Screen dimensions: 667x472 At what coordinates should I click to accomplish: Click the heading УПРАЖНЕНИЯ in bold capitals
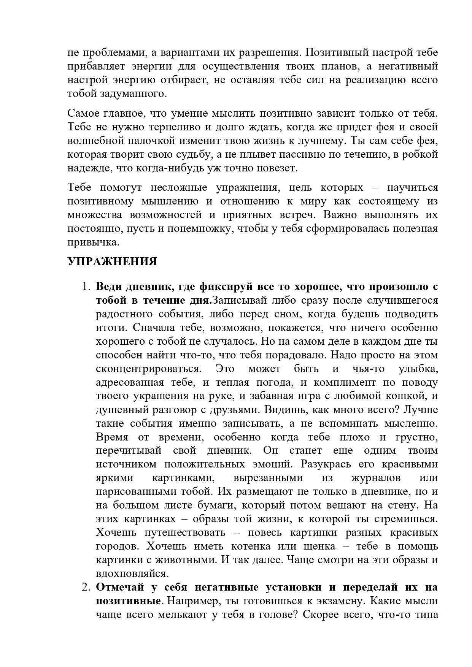(x=112, y=262)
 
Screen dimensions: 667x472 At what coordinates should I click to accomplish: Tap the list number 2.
(x=86, y=587)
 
